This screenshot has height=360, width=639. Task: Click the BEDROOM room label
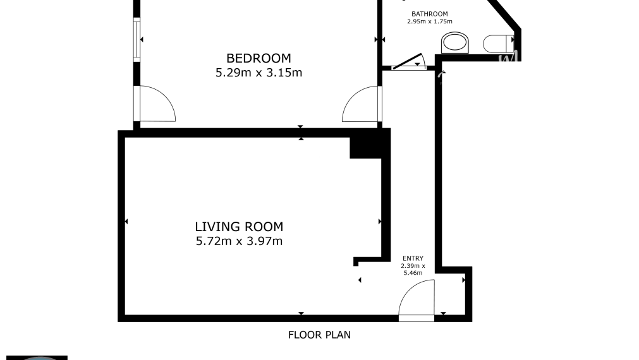pos(259,58)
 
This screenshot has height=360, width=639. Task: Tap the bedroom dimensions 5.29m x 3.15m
pos(259,73)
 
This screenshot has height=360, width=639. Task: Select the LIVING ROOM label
pos(239,226)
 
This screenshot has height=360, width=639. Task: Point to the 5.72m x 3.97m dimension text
pos(239,241)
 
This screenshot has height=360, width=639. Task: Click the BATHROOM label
pos(429,14)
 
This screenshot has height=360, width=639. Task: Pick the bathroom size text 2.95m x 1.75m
pos(429,21)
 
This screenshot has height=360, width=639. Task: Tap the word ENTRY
pos(413,258)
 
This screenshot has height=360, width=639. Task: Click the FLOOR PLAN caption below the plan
pos(319,335)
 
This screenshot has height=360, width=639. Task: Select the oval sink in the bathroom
pos(455,44)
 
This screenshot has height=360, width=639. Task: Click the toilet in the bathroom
pos(497,44)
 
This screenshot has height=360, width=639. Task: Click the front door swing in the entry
pos(417,299)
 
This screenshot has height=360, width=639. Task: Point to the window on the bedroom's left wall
pos(136,39)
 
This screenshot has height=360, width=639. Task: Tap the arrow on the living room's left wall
pos(126,222)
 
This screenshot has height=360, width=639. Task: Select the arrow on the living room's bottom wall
pos(301,313)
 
